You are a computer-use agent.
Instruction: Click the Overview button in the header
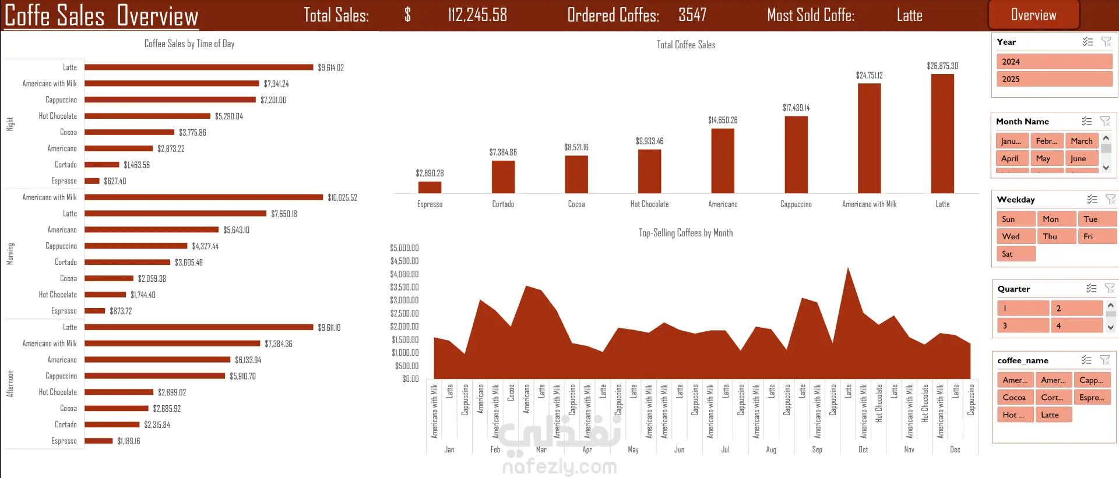(1033, 15)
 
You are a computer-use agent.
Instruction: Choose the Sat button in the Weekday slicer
(1015, 254)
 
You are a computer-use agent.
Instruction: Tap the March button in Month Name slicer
(1081, 141)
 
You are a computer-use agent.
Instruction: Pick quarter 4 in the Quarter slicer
(1076, 325)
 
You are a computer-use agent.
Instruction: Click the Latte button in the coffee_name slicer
(1053, 415)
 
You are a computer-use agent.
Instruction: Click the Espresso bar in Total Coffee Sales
(430, 187)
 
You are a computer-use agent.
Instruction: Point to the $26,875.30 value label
(942, 66)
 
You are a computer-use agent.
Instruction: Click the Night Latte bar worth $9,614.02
(199, 68)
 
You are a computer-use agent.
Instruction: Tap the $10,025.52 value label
(342, 198)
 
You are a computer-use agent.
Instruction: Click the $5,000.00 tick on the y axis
(404, 248)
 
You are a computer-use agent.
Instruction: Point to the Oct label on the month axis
(863, 449)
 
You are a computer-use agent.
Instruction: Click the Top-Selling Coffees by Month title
(685, 233)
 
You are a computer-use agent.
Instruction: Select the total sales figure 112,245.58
(477, 15)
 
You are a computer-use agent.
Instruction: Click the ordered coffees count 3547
(692, 15)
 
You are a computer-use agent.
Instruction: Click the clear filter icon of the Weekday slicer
(1110, 200)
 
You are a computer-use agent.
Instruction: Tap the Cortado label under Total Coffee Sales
(503, 204)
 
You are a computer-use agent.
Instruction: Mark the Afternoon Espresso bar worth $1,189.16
(98, 441)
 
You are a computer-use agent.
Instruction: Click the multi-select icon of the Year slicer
(1088, 42)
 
